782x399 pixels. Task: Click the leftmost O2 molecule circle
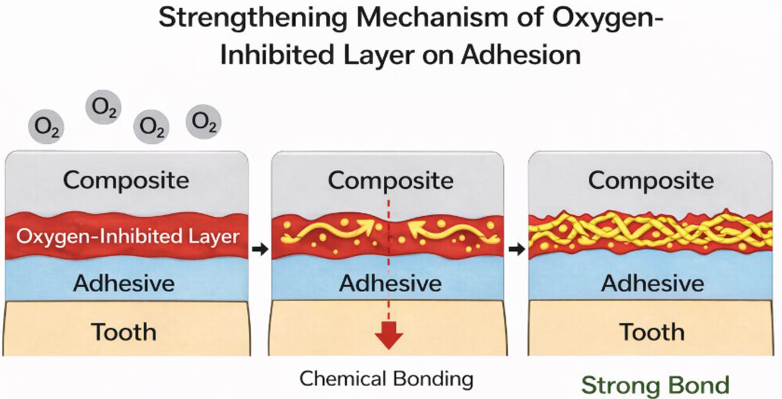point(46,127)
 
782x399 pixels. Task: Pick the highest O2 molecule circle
point(103,107)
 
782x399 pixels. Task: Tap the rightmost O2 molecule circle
point(203,122)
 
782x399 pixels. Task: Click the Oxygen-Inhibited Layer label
point(128,237)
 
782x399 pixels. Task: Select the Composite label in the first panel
point(126,180)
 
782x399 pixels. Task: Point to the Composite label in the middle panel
point(391,180)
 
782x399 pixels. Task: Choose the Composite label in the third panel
point(651,180)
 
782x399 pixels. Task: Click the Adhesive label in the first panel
point(124,283)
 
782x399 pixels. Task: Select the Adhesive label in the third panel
point(652,283)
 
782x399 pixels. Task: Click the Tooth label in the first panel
point(124,332)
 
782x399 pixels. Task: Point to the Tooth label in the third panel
point(652,332)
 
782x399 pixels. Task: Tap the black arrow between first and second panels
point(260,249)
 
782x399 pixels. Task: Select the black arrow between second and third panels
point(517,250)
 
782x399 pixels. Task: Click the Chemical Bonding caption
point(386,379)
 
